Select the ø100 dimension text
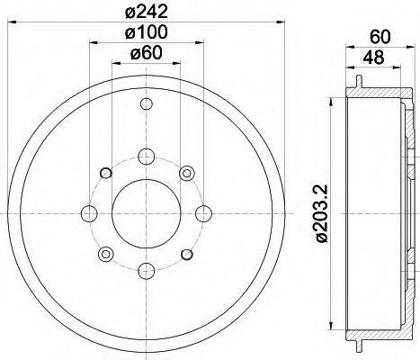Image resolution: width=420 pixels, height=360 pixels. pyautogui.click(x=146, y=32)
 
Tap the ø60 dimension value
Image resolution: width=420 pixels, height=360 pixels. pyautogui.click(x=146, y=53)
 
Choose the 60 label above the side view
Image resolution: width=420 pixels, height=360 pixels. pyautogui.click(x=379, y=37)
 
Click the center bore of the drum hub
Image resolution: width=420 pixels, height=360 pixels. pyautogui.click(x=146, y=213)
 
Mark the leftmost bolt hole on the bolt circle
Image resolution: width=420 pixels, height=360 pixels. pyautogui.click(x=88, y=213)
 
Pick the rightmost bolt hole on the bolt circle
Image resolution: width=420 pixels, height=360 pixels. pyautogui.click(x=204, y=213)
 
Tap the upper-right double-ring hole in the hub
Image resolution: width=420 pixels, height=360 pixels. pyautogui.click(x=187, y=173)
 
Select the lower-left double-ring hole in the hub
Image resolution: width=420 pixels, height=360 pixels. pyautogui.click(x=105, y=255)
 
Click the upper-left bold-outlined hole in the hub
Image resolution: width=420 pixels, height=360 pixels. pyautogui.click(x=105, y=173)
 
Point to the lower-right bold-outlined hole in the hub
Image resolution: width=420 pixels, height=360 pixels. pyautogui.click(x=187, y=255)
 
